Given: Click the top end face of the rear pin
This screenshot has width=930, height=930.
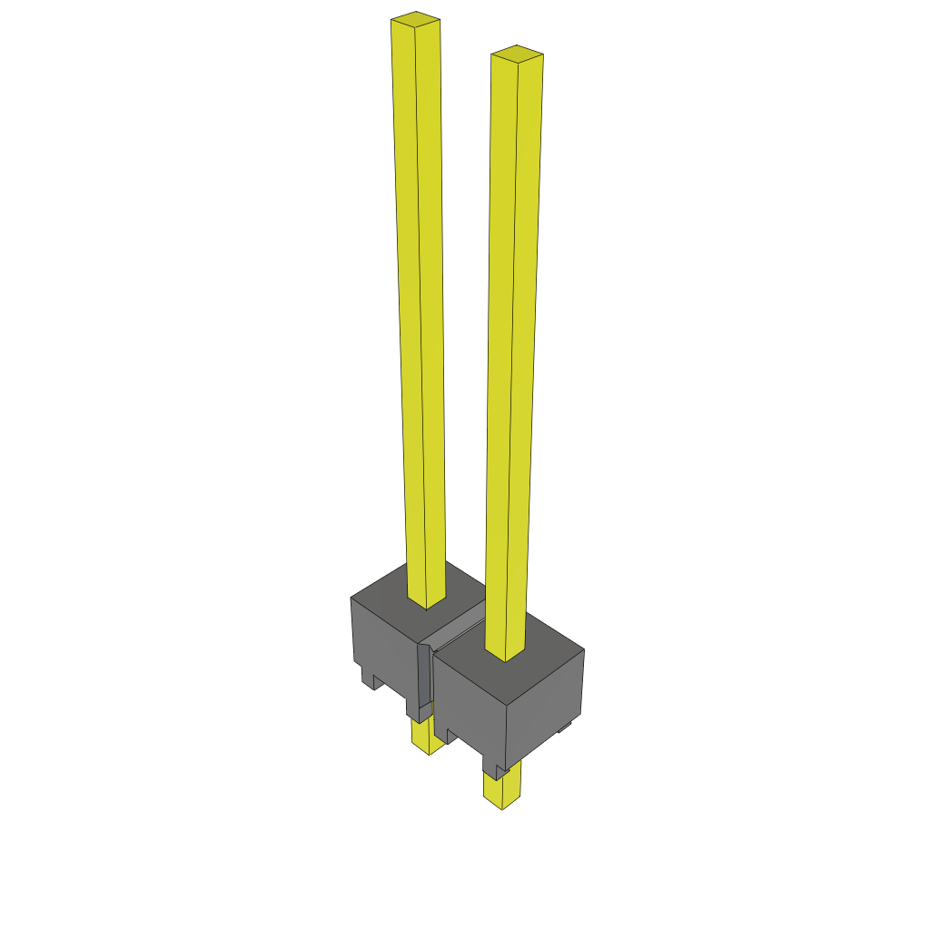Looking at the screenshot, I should point(416,18).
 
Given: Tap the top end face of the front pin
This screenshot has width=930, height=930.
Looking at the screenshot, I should point(517,52).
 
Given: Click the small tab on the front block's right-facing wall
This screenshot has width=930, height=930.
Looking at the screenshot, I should point(565,727).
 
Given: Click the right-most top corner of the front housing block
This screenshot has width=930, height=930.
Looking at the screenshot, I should point(584,649).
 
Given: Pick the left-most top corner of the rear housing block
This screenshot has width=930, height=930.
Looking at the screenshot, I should point(351,598).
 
